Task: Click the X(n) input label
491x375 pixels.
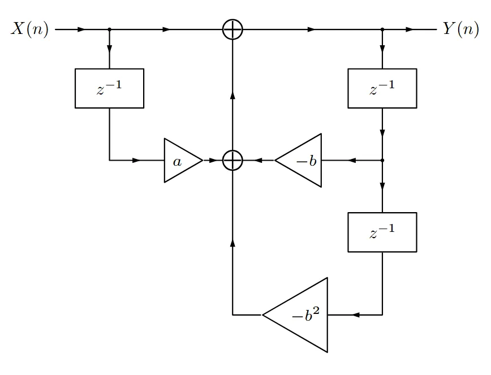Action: pos(30,29)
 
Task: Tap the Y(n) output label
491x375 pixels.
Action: pos(460,29)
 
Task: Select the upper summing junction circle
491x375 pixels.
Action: pos(232,29)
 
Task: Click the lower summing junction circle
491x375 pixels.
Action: pos(232,160)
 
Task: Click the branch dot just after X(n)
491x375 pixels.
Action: pos(109,29)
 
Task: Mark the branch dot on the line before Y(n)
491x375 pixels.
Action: pos(382,29)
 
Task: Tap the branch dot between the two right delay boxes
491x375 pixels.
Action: pos(382,160)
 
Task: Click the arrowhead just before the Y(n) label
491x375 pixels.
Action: pos(410,29)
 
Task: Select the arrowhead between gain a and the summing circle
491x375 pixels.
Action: pos(213,160)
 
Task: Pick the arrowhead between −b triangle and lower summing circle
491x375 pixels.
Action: pos(258,160)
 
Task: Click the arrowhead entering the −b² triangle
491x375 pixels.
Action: pos(355,315)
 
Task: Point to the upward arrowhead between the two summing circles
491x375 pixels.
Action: pos(232,95)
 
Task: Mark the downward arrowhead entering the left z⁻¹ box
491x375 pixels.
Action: pos(109,49)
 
